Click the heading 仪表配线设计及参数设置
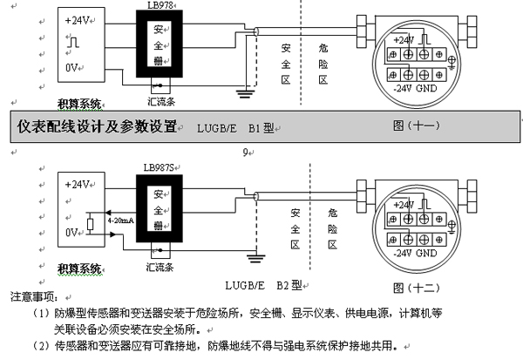(97, 126)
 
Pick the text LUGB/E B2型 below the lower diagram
(262, 284)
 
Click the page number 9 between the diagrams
(246, 150)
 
